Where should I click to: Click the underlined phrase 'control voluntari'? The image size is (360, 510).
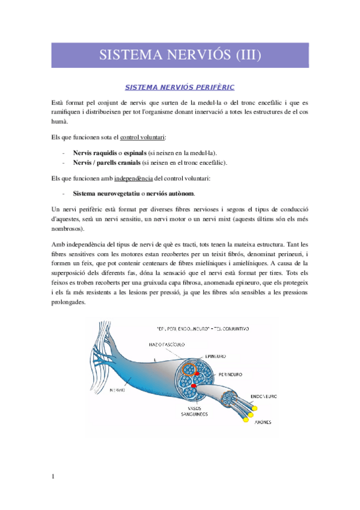click(x=144, y=138)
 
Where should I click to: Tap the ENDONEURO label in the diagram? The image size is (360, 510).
click(x=264, y=397)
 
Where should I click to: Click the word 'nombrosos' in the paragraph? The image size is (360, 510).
click(x=68, y=229)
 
